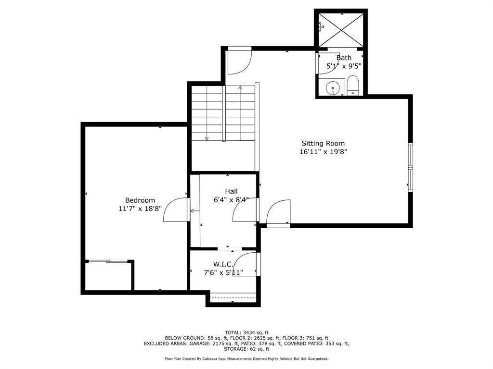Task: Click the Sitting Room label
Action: click(323, 143)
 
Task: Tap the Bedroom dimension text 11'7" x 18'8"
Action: click(140, 209)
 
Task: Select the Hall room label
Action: click(231, 191)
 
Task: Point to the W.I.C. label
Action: click(223, 264)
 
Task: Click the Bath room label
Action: click(344, 58)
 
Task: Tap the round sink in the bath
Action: click(333, 88)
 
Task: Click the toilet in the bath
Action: click(353, 86)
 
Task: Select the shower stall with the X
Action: click(341, 30)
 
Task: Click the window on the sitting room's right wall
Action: click(410, 167)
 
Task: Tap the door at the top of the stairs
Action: click(239, 60)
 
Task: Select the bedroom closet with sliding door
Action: click(108, 275)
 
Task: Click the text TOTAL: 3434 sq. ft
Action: click(246, 332)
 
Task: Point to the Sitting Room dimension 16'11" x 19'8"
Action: click(323, 152)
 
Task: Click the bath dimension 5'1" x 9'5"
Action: click(344, 66)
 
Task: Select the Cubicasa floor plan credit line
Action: click(246, 358)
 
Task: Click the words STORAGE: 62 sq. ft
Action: click(246, 349)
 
